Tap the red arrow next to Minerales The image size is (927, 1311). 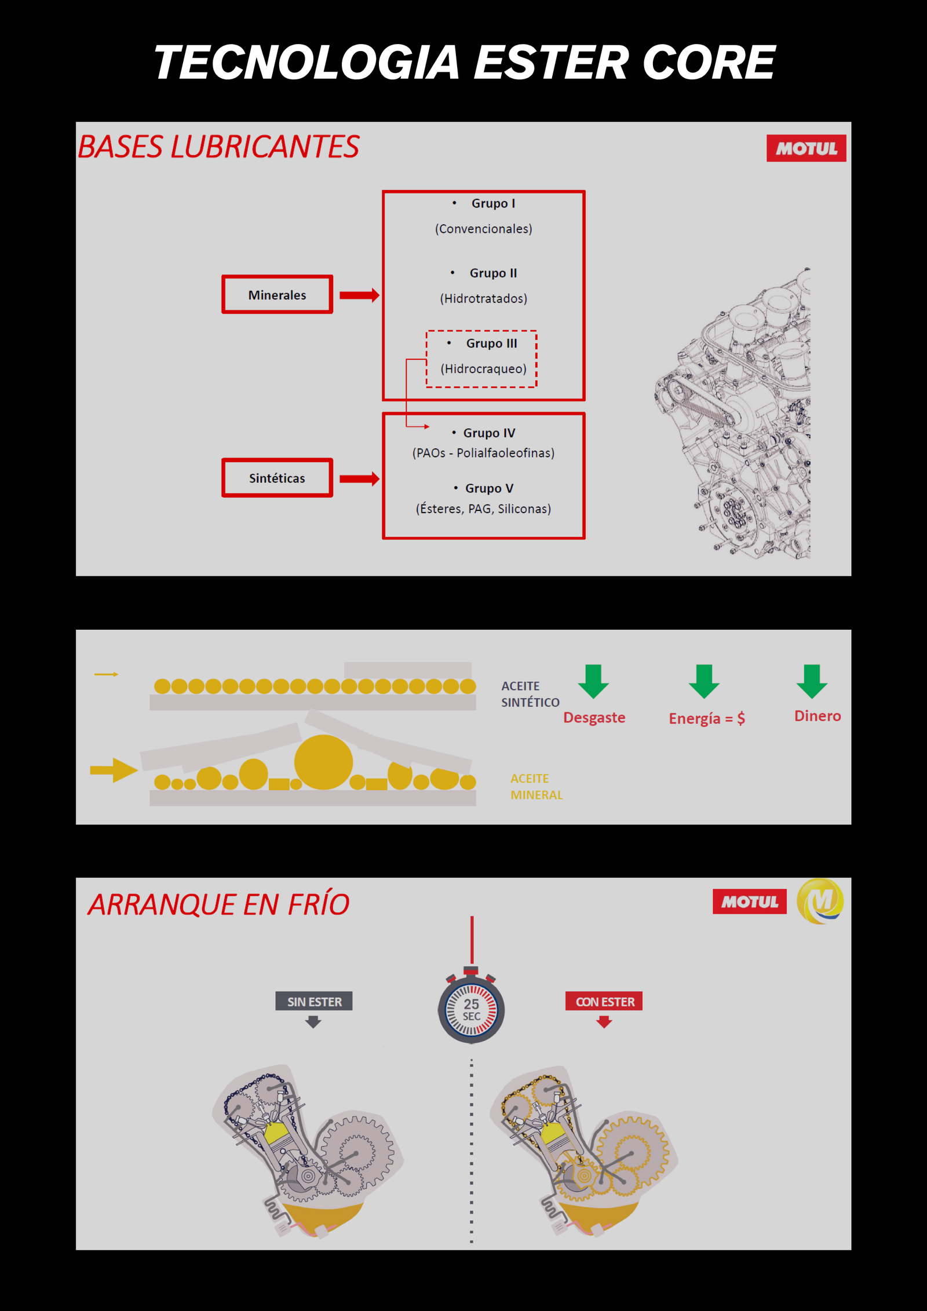[x=359, y=295]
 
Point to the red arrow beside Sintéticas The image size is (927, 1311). [x=359, y=479]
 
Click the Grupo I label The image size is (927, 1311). [x=493, y=203]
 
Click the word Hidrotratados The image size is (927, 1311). [x=484, y=298]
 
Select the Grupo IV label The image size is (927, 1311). [x=489, y=433]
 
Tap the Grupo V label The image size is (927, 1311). [x=489, y=488]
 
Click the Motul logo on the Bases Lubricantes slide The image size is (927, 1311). [x=806, y=148]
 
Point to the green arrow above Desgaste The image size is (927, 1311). [x=593, y=681]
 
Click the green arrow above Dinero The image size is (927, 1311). [x=812, y=681]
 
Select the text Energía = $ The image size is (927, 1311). [x=707, y=718]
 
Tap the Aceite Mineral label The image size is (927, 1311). [x=537, y=787]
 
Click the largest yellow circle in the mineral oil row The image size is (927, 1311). [x=323, y=762]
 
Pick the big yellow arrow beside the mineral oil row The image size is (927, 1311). [x=114, y=770]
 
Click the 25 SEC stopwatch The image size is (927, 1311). [x=471, y=1009]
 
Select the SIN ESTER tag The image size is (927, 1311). [x=314, y=1002]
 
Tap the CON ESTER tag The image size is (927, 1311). [x=604, y=1002]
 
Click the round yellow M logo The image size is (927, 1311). [x=820, y=901]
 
